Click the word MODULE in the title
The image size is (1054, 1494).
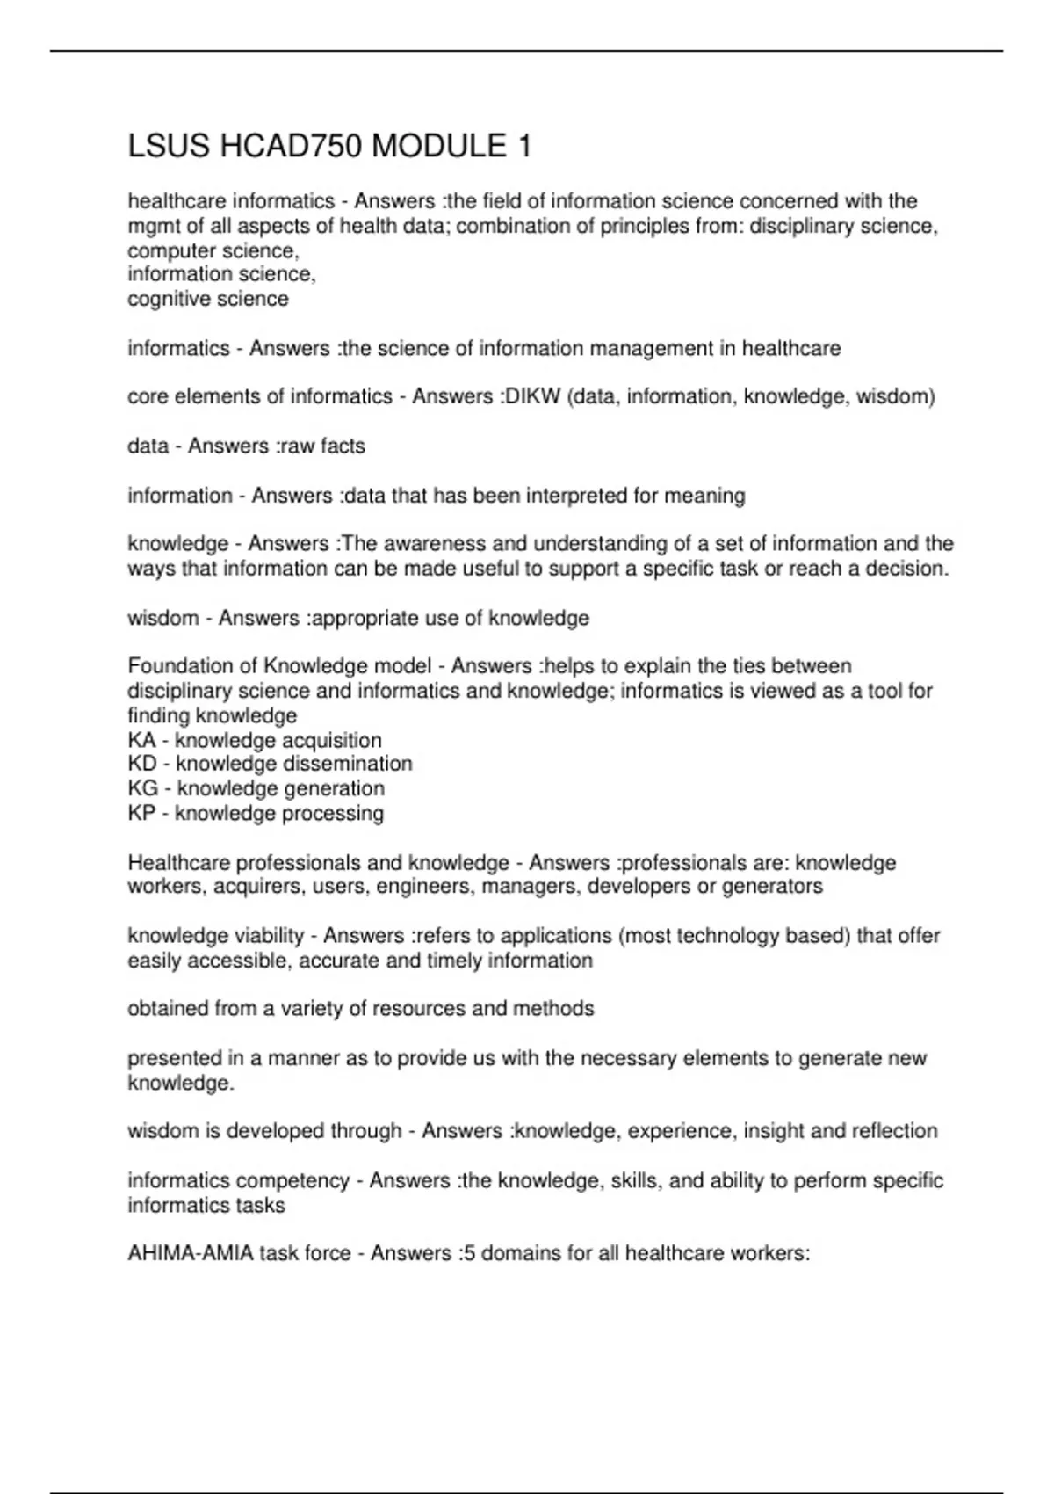[x=438, y=146]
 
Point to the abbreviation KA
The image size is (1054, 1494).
[x=141, y=740]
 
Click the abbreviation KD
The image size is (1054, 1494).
[x=142, y=764]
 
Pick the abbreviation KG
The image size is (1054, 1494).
[x=142, y=788]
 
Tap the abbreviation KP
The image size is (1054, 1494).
[x=141, y=813]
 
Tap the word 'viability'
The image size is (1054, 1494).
[x=269, y=936]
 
